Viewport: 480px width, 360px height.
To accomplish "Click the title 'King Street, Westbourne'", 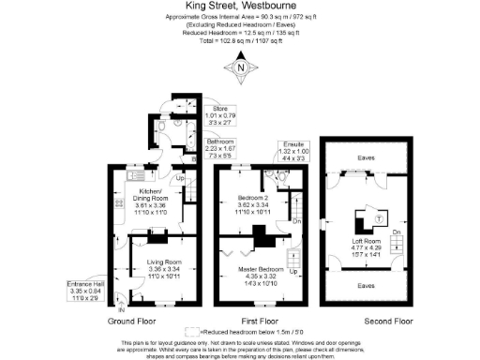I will pos(241,7).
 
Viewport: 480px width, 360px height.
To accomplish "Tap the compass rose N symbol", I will pos(241,67).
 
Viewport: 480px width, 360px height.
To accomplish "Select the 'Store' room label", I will pos(219,107).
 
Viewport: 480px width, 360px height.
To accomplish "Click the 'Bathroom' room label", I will pos(222,142).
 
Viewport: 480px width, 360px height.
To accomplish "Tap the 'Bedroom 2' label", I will pos(254,198).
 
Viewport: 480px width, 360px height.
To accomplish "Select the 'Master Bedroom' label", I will pos(254,269).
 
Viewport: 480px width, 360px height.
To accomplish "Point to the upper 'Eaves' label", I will pos(363,158).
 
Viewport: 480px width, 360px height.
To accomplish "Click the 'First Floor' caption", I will pos(260,320).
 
